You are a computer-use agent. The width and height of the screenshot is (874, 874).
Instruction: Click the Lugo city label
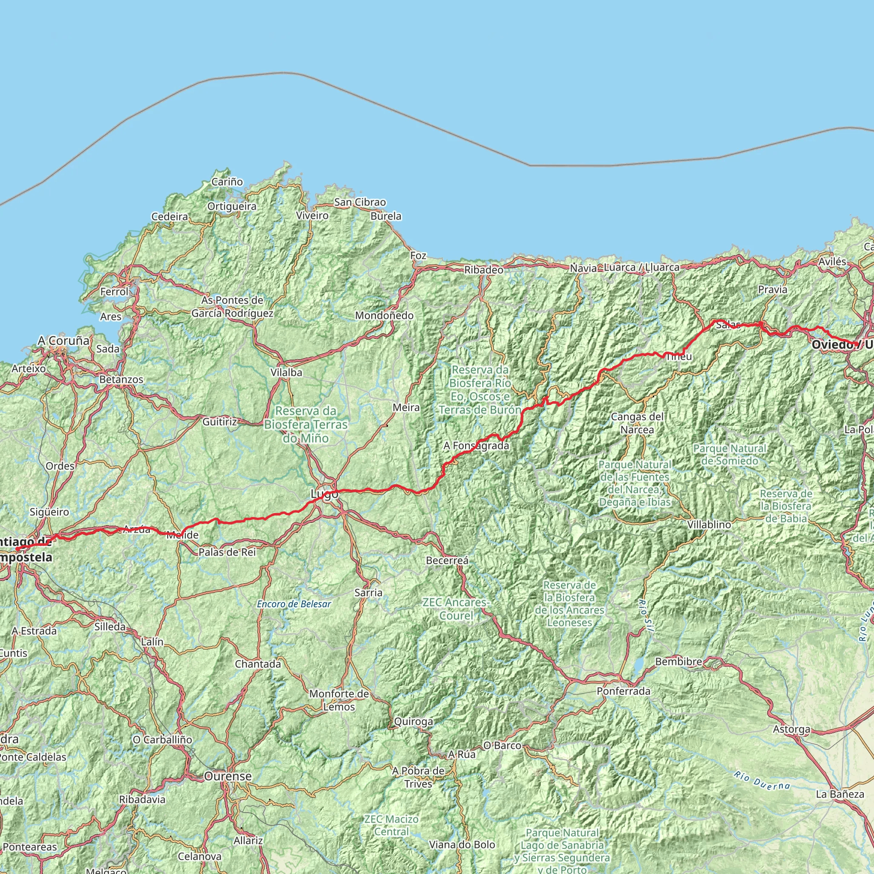(324, 495)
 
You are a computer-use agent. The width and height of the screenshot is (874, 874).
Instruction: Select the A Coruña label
(64, 341)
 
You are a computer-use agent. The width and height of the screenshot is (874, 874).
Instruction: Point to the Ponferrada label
(623, 691)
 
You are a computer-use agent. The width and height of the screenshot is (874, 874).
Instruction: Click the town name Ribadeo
(484, 270)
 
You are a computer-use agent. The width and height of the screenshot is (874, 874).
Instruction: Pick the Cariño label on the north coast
(227, 182)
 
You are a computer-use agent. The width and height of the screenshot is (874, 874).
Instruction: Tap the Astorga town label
(791, 729)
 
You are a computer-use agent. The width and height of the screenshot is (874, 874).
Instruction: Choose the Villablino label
(709, 525)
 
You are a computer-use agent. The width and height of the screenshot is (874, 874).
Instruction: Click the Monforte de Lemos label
(339, 700)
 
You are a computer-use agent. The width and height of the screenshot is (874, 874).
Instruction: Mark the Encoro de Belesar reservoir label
(294, 604)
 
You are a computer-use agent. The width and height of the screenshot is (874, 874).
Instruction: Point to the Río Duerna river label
(762, 781)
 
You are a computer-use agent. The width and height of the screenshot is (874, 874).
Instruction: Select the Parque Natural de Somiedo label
(730, 454)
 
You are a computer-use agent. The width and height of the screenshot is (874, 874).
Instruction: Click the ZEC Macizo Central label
(391, 825)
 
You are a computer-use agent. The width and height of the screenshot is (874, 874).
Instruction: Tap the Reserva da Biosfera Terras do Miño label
(306, 424)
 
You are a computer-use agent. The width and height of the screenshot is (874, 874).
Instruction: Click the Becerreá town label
(447, 560)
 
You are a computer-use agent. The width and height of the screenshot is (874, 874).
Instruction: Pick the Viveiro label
(312, 216)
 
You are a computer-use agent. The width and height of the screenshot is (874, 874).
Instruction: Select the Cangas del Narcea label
(637, 423)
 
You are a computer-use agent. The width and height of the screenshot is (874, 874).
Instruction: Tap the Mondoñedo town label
(384, 315)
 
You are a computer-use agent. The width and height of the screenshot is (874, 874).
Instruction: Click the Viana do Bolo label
(462, 845)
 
